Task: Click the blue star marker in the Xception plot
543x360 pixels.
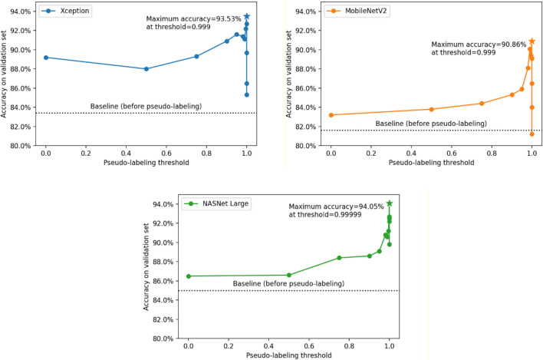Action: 246,16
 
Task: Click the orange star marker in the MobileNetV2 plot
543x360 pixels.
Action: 532,41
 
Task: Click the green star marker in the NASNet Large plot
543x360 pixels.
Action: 390,203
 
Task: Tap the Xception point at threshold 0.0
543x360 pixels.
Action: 46,58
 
